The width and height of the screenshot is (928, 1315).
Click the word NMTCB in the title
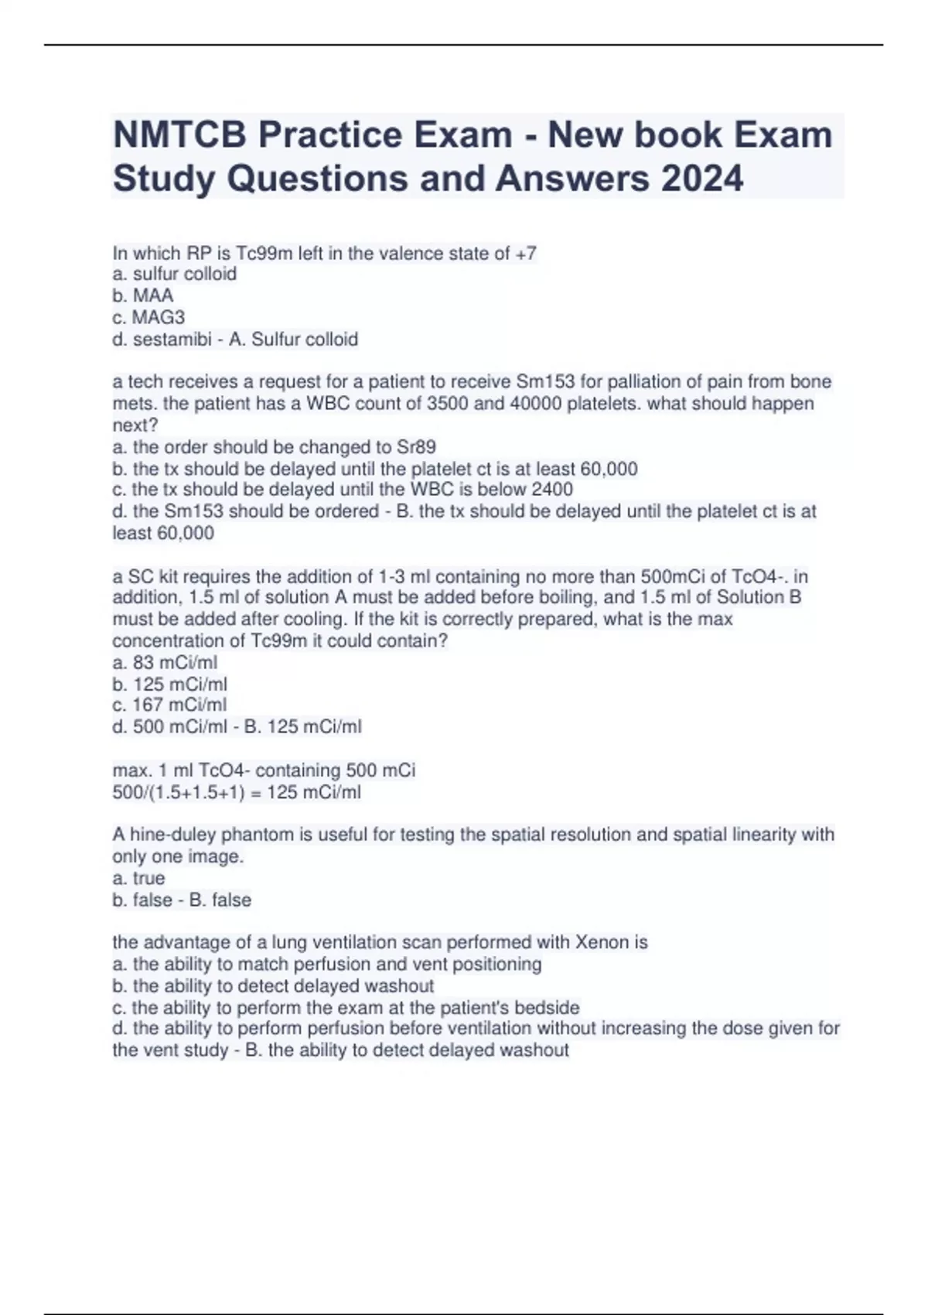point(179,135)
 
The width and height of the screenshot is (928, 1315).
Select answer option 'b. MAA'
point(143,295)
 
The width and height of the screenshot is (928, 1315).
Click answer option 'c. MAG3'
point(148,317)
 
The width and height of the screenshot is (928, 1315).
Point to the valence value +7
point(526,254)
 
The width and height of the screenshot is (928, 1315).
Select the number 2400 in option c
point(552,490)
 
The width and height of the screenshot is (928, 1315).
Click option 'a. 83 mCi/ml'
point(165,663)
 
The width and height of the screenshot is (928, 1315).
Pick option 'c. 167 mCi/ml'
point(169,705)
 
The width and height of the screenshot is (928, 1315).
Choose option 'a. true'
point(139,878)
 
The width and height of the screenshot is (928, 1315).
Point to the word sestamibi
point(172,340)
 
